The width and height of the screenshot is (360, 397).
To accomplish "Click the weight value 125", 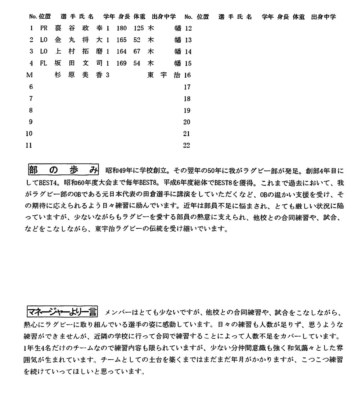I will coord(139,28).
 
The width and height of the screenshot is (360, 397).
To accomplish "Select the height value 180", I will coord(122,28).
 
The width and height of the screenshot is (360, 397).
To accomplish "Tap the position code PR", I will coord(44,28).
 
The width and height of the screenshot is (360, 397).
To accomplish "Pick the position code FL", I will coord(44,64).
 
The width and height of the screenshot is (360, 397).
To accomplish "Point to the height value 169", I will coord(122,64).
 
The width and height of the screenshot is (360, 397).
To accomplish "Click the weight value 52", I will coord(137,40).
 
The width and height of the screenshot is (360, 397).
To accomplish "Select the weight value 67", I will coord(137,52).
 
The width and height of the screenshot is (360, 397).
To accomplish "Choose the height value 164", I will coord(122,52).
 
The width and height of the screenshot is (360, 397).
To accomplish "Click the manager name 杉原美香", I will coord(78,75).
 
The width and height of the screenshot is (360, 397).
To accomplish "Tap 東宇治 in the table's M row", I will coord(165,75).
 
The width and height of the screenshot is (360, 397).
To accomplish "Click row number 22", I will coord(186,145).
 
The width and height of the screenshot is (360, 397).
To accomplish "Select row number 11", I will coord(29,145).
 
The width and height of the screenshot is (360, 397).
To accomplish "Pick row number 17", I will coord(186,87).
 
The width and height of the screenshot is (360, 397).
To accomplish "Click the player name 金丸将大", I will coord(78,40).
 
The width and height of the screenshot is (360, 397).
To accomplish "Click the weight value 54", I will coord(137,64).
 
